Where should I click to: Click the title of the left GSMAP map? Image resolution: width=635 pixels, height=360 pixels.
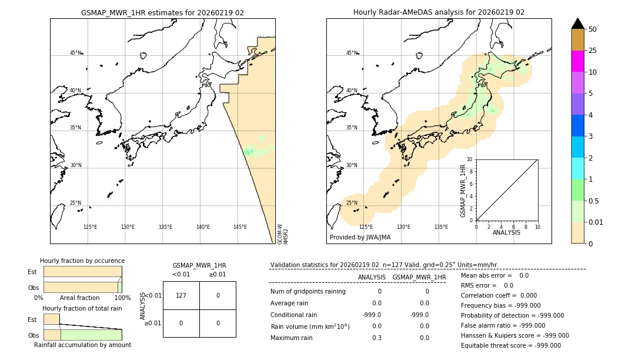click(x=162, y=12)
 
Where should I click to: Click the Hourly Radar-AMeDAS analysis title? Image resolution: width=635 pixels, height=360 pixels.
click(x=439, y=12)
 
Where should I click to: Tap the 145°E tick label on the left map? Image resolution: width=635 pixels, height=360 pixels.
click(x=240, y=227)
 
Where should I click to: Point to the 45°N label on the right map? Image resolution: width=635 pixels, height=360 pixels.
click(x=352, y=53)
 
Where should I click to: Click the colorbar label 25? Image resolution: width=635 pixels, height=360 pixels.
click(x=593, y=51)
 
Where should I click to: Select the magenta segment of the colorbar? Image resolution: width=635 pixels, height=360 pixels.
click(x=577, y=61)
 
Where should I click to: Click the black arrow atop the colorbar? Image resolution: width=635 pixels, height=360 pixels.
click(x=577, y=24)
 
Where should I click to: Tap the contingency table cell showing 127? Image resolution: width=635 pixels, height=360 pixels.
click(x=181, y=295)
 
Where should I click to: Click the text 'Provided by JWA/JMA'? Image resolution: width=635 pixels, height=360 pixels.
click(x=360, y=238)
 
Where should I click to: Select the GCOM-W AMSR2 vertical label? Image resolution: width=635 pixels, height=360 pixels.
click(x=283, y=234)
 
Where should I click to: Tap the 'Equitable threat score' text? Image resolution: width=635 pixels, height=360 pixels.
click(x=510, y=345)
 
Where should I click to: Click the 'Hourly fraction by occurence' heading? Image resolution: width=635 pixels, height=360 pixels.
click(x=82, y=261)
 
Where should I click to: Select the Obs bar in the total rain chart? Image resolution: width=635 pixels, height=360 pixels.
click(x=82, y=335)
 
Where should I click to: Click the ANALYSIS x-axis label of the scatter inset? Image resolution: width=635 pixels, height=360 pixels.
click(x=506, y=233)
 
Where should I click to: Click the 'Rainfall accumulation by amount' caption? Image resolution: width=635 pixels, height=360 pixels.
click(x=82, y=345)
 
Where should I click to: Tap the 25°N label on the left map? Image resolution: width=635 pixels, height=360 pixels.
click(x=75, y=203)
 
